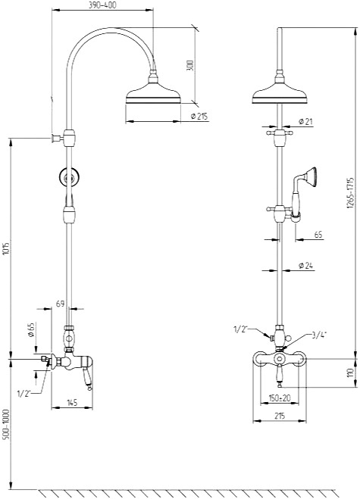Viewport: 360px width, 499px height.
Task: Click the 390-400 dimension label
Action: tap(102, 5)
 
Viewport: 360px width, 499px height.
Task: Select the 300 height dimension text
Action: tap(190, 65)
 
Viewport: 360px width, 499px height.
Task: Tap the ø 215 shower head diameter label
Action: tap(199, 116)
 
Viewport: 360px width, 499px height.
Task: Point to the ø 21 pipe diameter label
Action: tap(305, 121)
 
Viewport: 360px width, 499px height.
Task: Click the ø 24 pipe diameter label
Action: tap(306, 266)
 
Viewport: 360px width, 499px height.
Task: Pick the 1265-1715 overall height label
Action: tap(351, 193)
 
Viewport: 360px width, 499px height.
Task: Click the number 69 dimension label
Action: tap(60, 304)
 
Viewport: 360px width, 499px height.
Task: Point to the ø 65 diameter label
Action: tap(31, 329)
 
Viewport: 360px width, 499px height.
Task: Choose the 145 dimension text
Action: tap(72, 403)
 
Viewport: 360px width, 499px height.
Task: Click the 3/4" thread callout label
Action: tap(320, 334)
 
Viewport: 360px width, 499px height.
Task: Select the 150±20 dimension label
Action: tap(280, 398)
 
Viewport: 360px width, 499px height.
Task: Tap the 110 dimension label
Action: tap(351, 373)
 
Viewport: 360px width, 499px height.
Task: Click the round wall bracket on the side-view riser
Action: tap(68, 177)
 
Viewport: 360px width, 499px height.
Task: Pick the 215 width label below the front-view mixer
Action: tap(280, 416)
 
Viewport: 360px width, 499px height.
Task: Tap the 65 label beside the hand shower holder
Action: tap(318, 235)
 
